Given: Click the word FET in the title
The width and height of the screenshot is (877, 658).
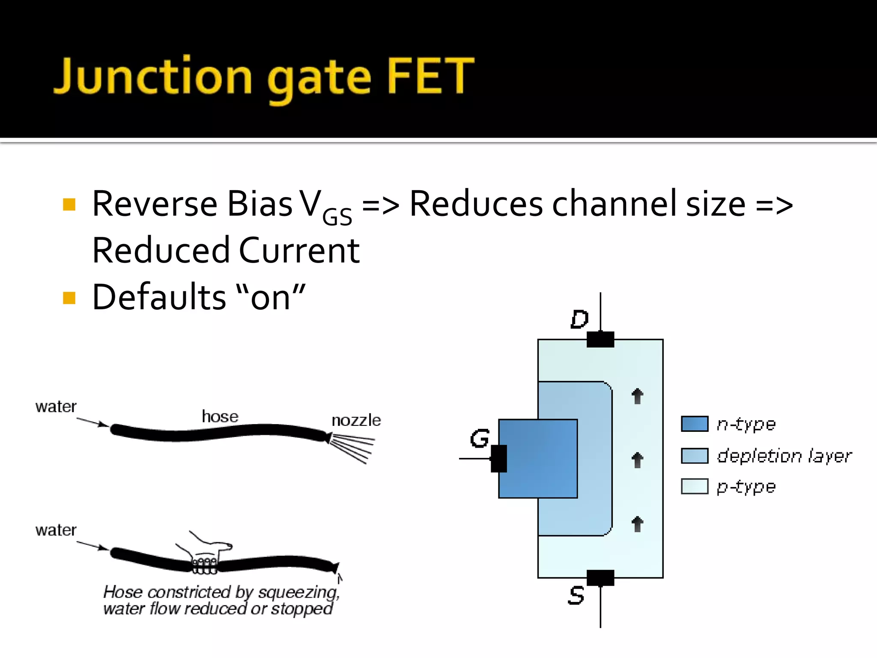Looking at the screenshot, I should coord(430,76).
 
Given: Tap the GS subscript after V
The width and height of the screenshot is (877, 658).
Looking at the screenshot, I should coord(337,216).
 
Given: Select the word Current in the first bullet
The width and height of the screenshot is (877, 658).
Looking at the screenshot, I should coord(299,251).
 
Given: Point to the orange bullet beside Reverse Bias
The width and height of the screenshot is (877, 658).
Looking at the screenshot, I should coord(69,204).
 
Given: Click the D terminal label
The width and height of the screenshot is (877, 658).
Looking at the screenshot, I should coord(579,319).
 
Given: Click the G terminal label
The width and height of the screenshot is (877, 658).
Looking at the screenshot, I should coord(479,439).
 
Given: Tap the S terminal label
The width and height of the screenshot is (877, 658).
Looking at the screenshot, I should coord(576,596).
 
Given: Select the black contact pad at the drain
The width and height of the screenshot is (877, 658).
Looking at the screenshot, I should coord(600,339).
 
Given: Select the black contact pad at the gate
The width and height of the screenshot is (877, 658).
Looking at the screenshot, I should coord(498,458).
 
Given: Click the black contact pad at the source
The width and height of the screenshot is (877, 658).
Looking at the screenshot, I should coord(600,578).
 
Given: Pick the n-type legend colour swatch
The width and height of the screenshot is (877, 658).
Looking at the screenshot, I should coord(694,424).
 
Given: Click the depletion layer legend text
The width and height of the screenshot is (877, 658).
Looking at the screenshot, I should coord(784,456).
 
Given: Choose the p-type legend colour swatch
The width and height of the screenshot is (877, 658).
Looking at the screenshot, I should coord(694,487).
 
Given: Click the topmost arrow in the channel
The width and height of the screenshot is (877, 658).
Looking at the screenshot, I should coord(637,396).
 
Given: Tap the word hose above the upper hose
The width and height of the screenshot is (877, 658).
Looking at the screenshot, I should coord(220,416).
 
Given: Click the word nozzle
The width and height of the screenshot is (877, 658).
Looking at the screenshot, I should coord(356,420).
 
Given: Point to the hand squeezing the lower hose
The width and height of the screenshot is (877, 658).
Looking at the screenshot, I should coord(206,557).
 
